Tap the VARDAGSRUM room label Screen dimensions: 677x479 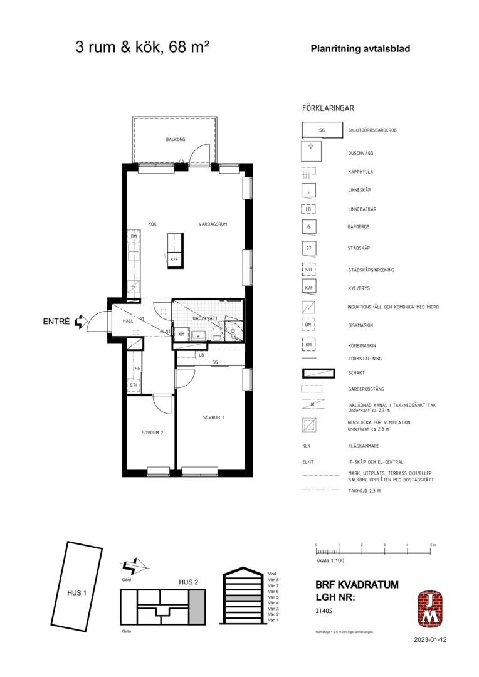213,224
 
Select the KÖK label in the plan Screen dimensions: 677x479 152,224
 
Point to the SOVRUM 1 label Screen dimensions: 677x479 213,417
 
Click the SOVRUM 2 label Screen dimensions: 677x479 152,433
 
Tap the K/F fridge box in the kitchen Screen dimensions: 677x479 174,258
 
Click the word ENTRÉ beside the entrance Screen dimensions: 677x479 56,322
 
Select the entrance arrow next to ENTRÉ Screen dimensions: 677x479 80,322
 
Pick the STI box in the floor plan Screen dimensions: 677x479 134,385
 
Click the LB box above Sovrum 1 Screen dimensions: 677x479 201,355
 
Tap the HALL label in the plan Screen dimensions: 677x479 127,321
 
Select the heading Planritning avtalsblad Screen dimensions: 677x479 360,48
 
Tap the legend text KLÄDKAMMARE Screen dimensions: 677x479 363,446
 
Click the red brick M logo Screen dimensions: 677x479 430,609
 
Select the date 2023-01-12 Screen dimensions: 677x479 430,640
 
